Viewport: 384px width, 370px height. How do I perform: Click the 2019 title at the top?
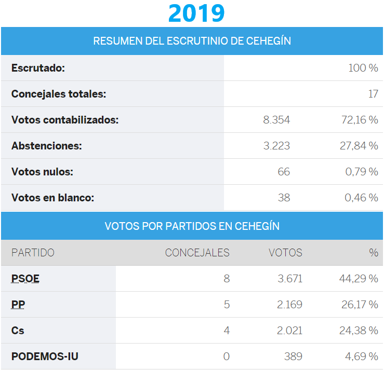pyautogui.click(x=196, y=13)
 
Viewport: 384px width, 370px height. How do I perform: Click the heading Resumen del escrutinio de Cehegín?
pyautogui.click(x=192, y=41)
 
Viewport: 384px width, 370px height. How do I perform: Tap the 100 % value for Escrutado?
pyautogui.click(x=363, y=68)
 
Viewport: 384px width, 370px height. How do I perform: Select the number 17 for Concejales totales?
pyautogui.click(x=373, y=94)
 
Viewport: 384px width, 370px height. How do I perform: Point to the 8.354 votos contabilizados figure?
pyautogui.click(x=276, y=120)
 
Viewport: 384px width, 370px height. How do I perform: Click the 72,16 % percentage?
pyautogui.click(x=359, y=120)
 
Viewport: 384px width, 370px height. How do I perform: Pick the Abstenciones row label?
pyautogui.click(x=47, y=146)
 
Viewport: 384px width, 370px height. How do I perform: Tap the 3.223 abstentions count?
pyautogui.click(x=276, y=146)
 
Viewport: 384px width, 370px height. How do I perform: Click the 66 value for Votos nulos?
pyautogui.click(x=284, y=172)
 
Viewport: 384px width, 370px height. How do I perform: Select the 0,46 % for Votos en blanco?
pyautogui.click(x=362, y=198)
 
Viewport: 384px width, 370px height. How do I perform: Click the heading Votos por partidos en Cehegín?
pyautogui.click(x=192, y=226)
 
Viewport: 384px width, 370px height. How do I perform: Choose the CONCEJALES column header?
pyautogui.click(x=197, y=253)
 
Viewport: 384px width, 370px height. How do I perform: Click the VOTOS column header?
pyautogui.click(x=285, y=253)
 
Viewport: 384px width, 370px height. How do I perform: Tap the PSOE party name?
pyautogui.click(x=25, y=279)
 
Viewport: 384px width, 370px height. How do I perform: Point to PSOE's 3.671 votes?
pyautogui.click(x=289, y=279)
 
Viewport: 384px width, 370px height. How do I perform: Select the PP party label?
pyautogui.click(x=18, y=305)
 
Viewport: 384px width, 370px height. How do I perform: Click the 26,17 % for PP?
pyautogui.click(x=360, y=305)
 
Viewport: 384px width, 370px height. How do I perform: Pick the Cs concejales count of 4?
pyautogui.click(x=227, y=331)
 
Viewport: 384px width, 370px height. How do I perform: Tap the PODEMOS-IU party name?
pyautogui.click(x=45, y=357)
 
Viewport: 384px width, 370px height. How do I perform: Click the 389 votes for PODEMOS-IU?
pyautogui.click(x=293, y=357)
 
